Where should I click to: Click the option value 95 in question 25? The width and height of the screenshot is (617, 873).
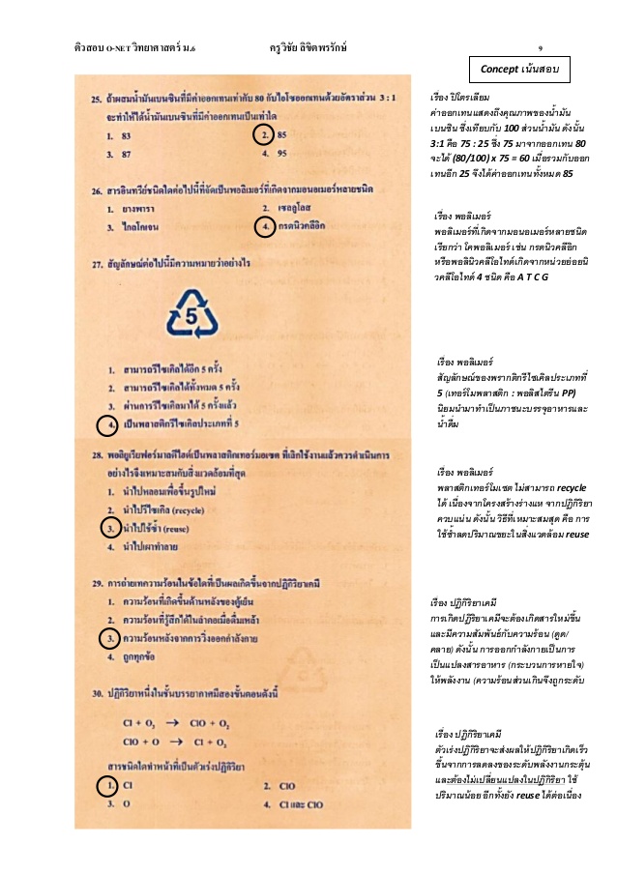tap(283, 153)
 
